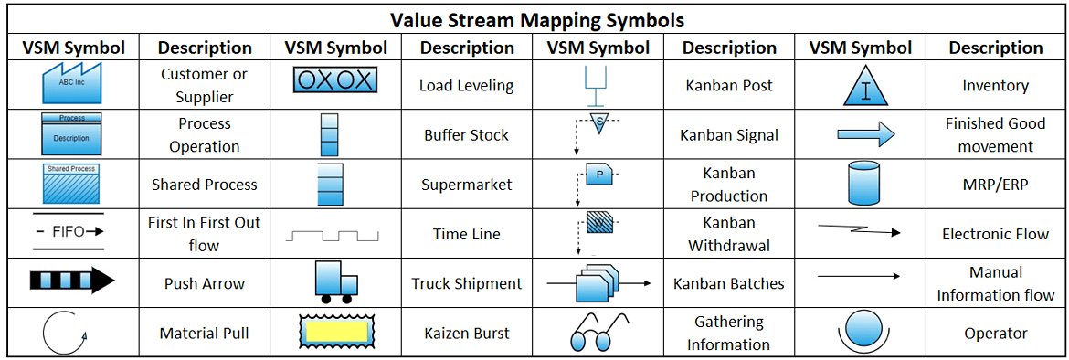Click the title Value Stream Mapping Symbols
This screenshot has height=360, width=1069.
coord(536,19)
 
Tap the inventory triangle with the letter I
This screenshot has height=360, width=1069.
coord(861,86)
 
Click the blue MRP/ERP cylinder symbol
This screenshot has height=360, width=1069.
coord(863,185)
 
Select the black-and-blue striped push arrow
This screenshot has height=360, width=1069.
coord(72,281)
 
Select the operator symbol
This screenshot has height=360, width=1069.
coord(861,332)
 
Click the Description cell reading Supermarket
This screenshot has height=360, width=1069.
coord(466,185)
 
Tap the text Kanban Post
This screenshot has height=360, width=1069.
coord(728,86)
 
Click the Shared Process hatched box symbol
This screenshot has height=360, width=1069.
coord(71,184)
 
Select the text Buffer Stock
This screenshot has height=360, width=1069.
coord(466,135)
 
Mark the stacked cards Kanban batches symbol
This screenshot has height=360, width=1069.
coord(598,282)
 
